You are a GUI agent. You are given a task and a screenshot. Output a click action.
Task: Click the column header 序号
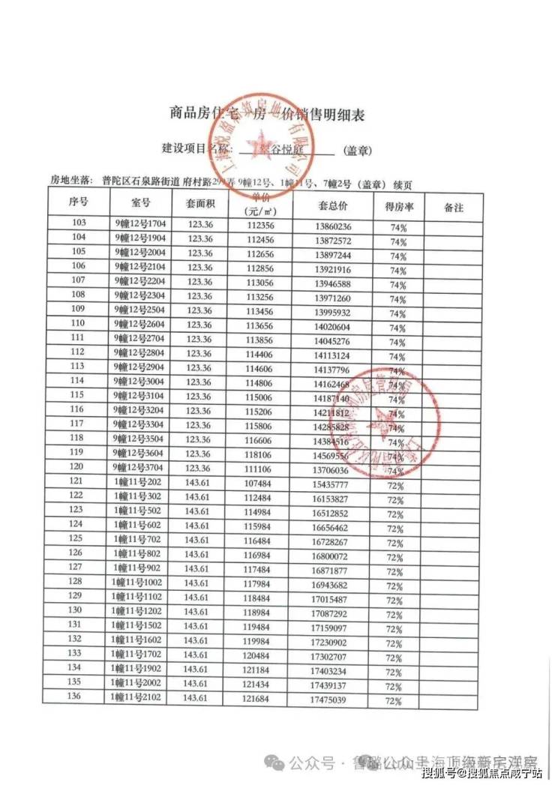[79, 203]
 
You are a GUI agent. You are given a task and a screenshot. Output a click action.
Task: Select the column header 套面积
[200, 203]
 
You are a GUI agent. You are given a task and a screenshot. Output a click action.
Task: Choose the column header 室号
[140, 203]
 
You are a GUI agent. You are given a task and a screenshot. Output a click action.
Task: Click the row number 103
[78, 223]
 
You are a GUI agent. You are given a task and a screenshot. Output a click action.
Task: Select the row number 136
[75, 697]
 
